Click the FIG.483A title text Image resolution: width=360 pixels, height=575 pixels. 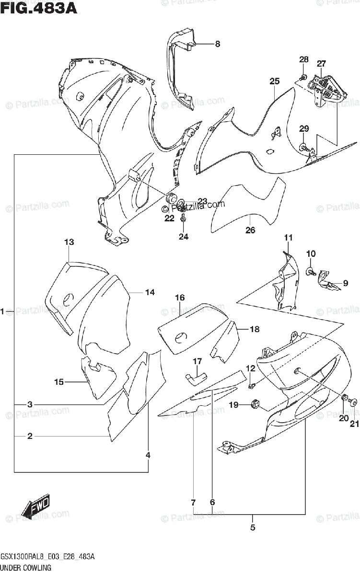tap(38, 8)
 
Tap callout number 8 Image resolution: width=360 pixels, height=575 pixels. tap(217, 44)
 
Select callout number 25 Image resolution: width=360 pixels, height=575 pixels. tap(274, 81)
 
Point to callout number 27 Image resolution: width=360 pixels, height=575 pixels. tap(321, 64)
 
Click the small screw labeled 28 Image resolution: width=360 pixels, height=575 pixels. tap(303, 77)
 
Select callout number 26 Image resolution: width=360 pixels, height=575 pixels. tap(250, 230)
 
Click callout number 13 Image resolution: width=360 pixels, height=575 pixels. tap(69, 242)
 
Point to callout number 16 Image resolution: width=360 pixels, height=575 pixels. tap(180, 298)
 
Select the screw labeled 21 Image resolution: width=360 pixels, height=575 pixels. tap(354, 403)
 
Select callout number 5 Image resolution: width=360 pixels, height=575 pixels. tap(253, 528)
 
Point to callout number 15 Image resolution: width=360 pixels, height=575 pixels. tap(59, 382)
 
